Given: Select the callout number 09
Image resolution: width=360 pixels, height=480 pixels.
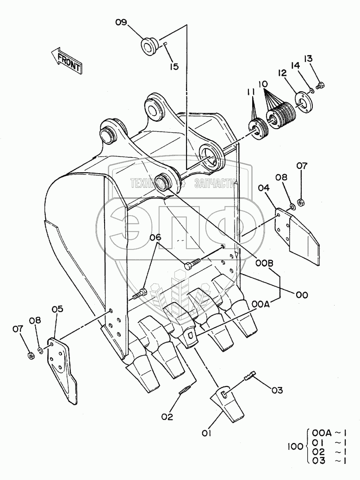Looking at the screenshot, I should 121,22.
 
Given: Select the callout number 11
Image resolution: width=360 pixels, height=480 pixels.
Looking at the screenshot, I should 250,92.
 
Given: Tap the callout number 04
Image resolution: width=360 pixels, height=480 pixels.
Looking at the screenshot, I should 264,188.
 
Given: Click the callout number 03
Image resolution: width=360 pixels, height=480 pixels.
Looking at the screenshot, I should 277,390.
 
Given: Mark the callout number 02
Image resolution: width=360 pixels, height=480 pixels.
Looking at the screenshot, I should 167,417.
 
